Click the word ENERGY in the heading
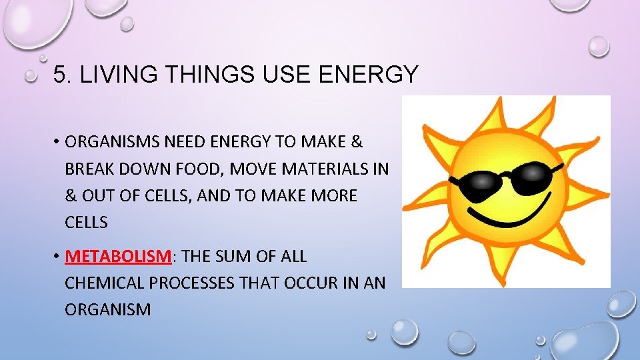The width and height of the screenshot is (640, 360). pos(369,75)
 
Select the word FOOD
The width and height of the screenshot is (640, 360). pos(199,169)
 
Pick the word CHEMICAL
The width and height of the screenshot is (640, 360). pos(105,283)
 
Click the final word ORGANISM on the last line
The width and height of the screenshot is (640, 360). pos(108,310)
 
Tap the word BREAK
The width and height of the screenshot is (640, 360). pos(89,169)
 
